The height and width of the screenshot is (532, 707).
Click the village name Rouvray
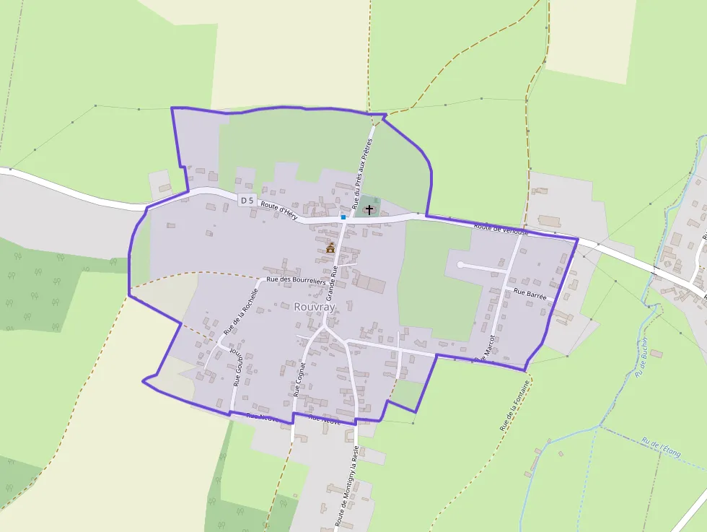[315, 306]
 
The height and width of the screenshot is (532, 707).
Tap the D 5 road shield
[247, 200]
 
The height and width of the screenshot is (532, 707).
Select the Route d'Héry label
[279, 209]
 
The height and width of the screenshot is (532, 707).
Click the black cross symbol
[370, 209]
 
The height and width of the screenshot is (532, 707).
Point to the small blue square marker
[343, 217]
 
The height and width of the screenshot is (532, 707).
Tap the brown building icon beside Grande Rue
[330, 248]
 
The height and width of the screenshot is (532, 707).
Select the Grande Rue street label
[333, 282]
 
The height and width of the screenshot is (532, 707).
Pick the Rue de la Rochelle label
[240, 312]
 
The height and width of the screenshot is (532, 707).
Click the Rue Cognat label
[300, 380]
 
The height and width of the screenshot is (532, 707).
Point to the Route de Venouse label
[501, 229]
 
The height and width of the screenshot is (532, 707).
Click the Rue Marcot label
[484, 347]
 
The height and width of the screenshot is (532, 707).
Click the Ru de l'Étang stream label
[661, 447]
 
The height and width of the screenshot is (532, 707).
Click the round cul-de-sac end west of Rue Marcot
[460, 266]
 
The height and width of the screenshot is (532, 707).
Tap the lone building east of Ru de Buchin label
[656, 353]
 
